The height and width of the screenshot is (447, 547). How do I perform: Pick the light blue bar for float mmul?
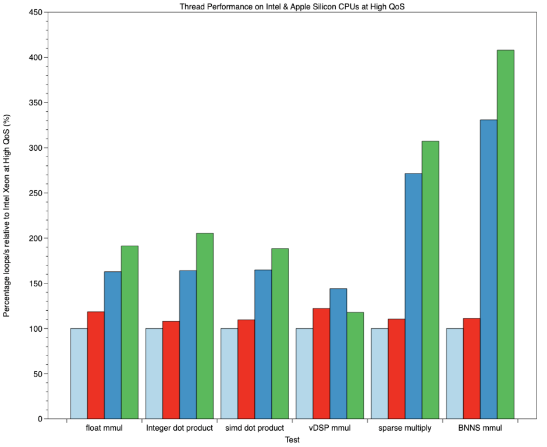(79, 373)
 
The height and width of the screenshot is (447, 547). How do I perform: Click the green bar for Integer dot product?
(205, 326)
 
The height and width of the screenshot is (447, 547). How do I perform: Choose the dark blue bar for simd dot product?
(263, 344)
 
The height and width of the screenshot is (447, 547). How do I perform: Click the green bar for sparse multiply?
(430, 280)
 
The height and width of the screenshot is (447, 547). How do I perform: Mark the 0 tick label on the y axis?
(40, 419)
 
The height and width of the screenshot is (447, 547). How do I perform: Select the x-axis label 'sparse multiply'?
(404, 429)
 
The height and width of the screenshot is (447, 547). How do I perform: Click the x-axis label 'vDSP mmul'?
(329, 429)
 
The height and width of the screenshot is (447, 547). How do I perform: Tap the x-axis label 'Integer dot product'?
(179, 429)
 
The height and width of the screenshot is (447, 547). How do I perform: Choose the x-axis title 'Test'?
(292, 440)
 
